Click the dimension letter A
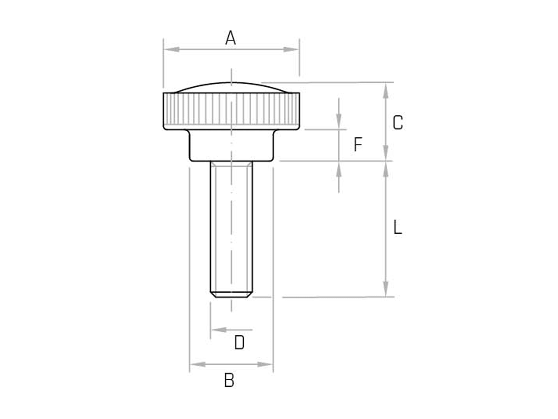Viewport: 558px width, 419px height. [x=231, y=38]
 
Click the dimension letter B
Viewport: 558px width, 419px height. [x=229, y=380]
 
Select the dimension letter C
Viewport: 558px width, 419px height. [x=398, y=122]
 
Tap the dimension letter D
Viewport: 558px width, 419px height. [x=239, y=343]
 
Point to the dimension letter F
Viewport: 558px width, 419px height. [x=358, y=144]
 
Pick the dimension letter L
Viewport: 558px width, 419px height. [x=398, y=228]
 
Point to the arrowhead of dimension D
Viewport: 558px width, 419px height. [x=219, y=330]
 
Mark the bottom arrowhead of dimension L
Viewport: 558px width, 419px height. [x=386, y=289]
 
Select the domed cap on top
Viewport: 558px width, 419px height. [x=231, y=87]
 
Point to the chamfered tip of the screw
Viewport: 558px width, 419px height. [x=231, y=294]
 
